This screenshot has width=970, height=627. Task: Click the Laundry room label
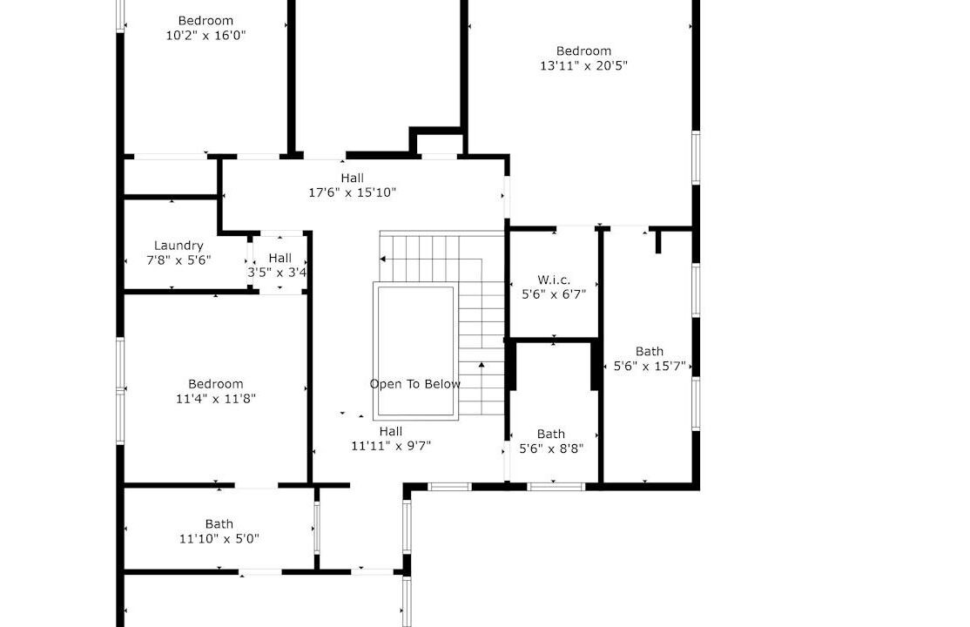click(179, 246)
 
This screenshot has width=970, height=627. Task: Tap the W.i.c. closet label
click(554, 280)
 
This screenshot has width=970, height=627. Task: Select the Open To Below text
click(415, 384)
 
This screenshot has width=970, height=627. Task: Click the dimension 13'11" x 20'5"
click(583, 65)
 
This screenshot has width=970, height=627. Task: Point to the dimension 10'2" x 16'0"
click(205, 36)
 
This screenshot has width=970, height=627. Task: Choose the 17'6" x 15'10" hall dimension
click(352, 192)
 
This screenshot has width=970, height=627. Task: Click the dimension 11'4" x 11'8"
click(215, 399)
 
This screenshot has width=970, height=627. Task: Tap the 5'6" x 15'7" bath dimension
click(649, 366)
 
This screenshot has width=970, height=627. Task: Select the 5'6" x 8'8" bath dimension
click(550, 448)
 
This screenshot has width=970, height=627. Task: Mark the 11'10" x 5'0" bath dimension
click(219, 538)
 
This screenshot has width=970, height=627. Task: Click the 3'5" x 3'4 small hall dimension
click(277, 273)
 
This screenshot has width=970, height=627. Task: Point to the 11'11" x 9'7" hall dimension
click(391, 446)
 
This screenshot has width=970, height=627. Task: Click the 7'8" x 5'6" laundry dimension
click(179, 260)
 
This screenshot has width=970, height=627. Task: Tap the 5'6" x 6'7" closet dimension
click(554, 294)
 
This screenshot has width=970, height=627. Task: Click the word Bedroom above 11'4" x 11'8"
click(215, 384)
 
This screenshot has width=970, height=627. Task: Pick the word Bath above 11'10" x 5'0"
click(219, 524)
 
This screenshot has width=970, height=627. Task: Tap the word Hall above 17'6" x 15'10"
click(352, 179)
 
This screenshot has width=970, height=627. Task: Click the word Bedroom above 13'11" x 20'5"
click(583, 51)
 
